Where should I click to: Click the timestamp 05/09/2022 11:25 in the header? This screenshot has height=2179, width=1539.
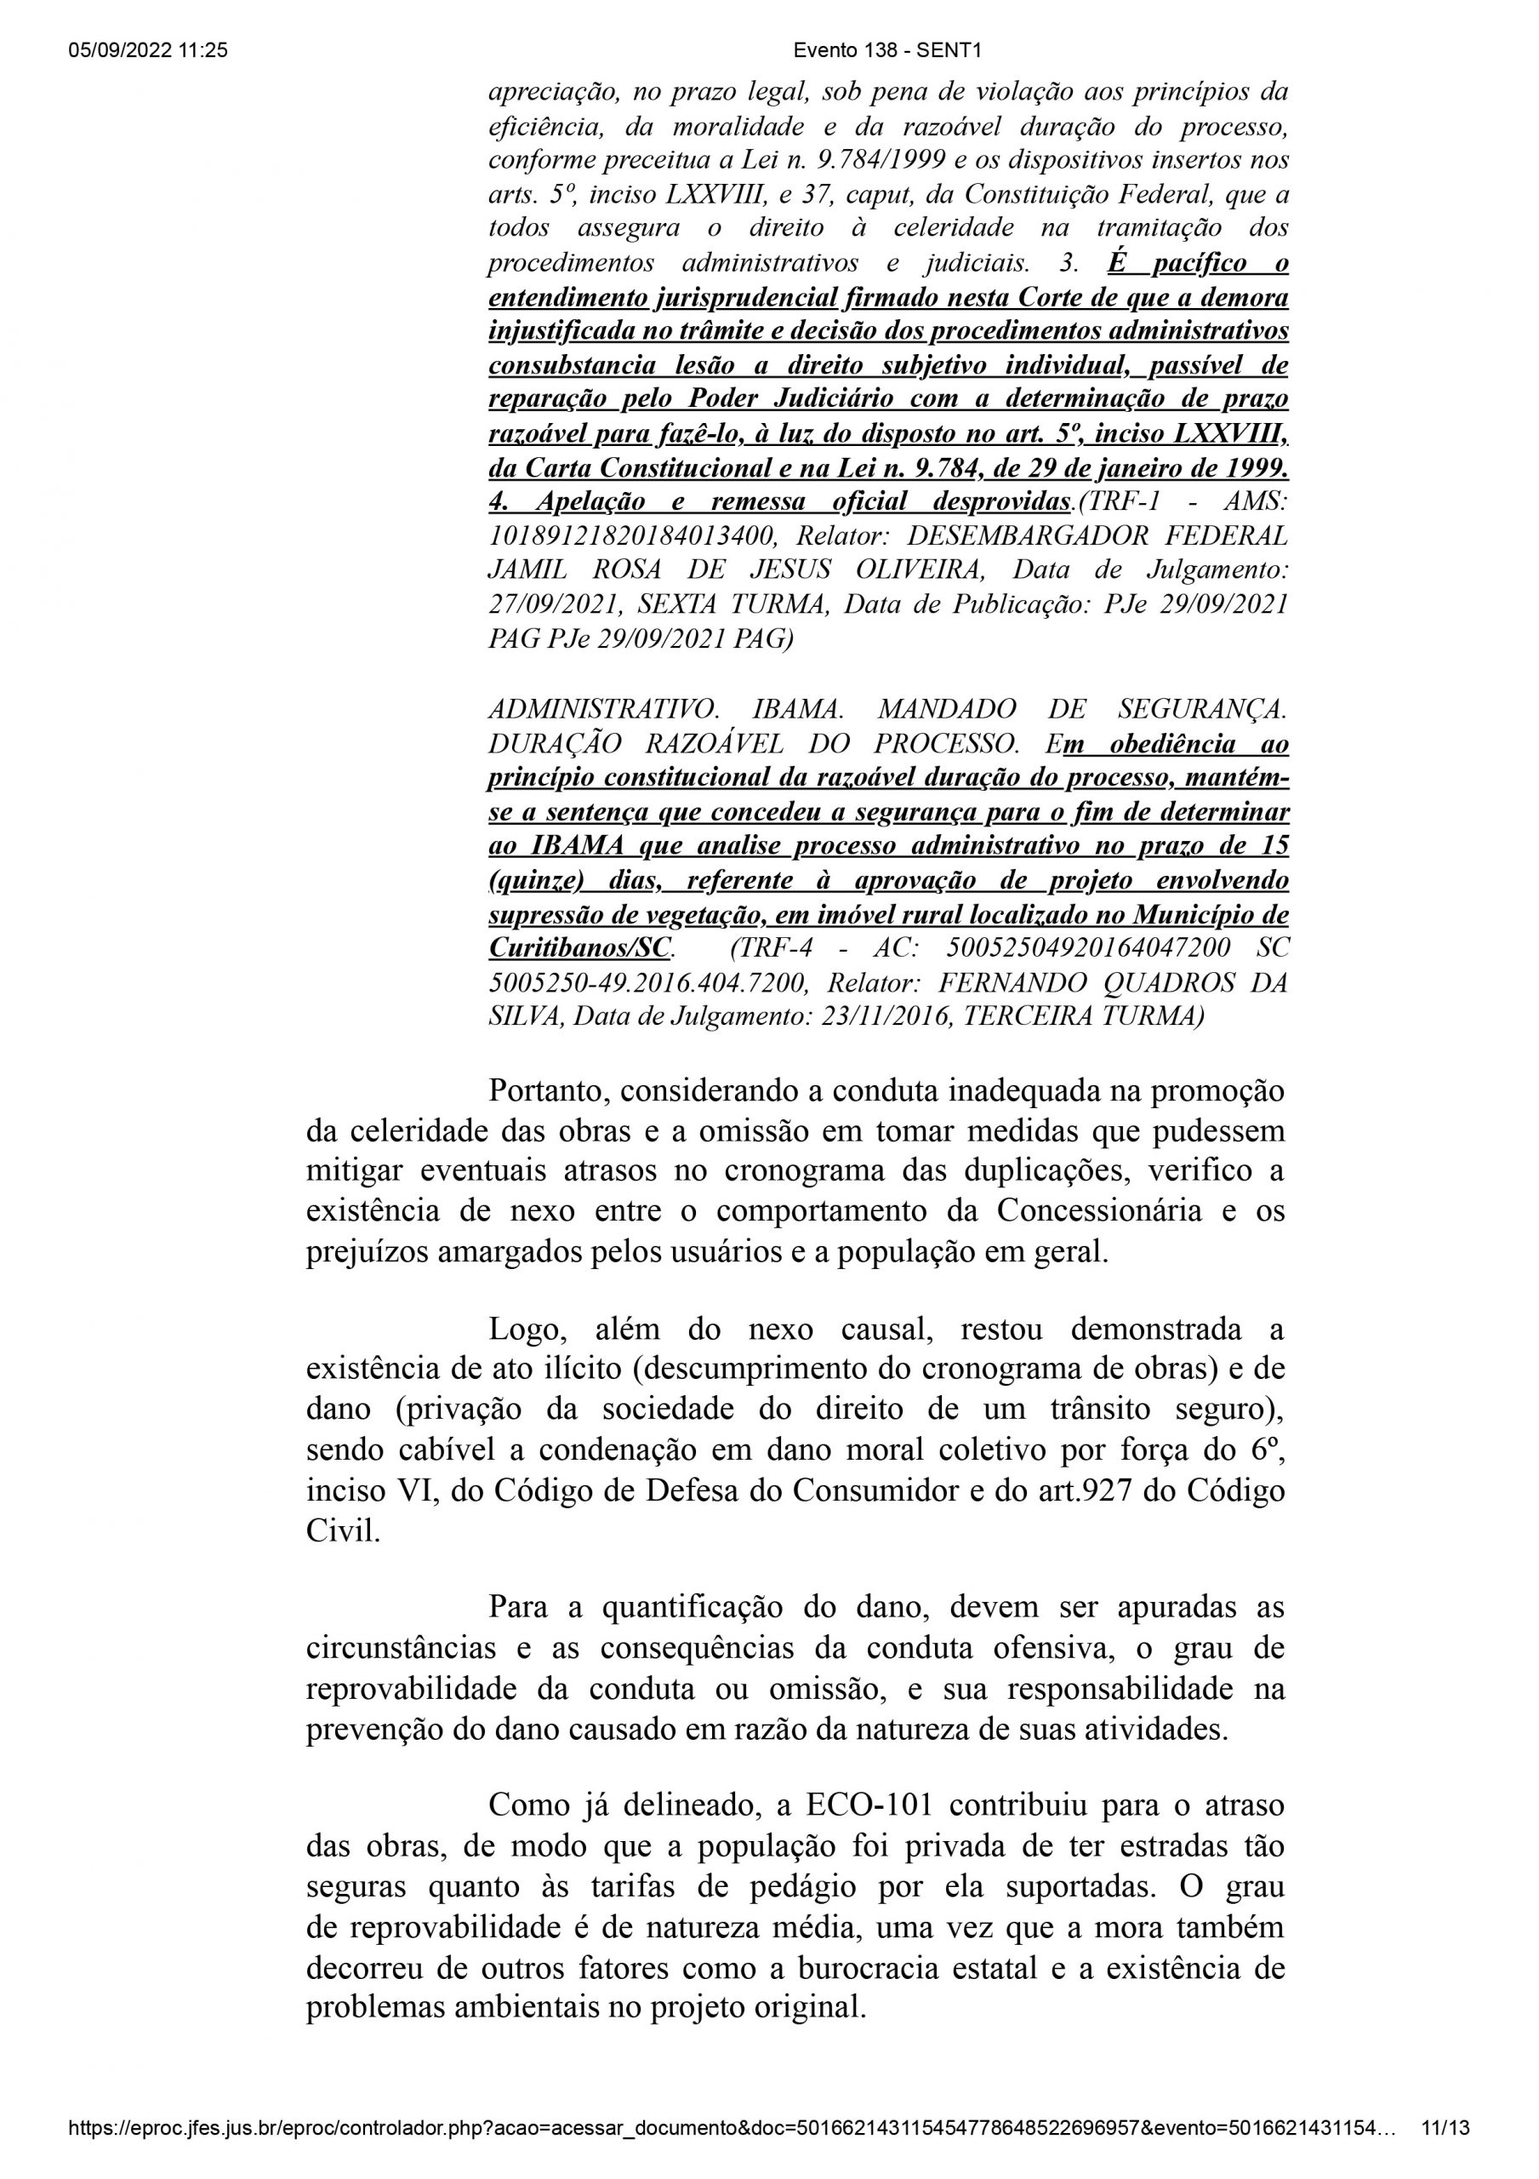pyautogui.click(x=148, y=51)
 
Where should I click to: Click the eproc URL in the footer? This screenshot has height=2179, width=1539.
pyautogui.click(x=731, y=2129)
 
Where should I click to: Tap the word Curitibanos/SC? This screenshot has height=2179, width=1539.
pyautogui.click(x=579, y=947)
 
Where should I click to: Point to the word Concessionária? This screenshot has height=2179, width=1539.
pyautogui.click(x=1093, y=1211)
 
